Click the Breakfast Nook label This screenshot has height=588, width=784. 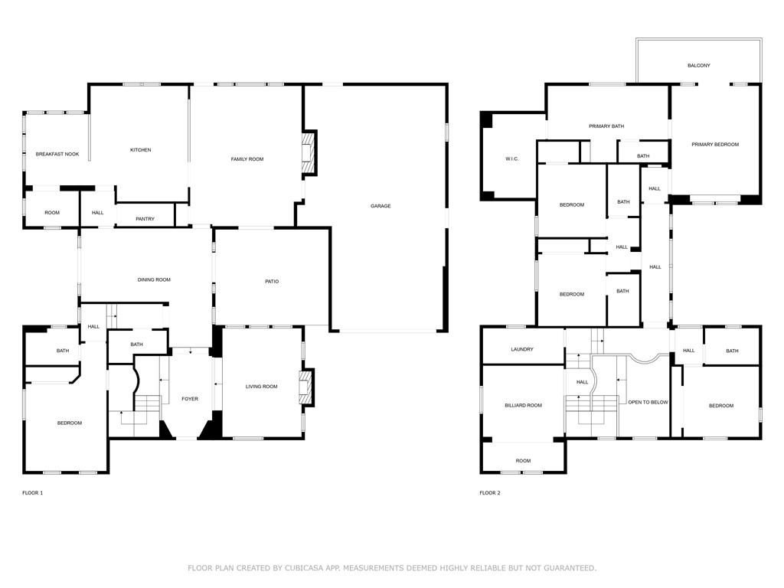point(57,154)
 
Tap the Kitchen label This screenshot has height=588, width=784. point(141,150)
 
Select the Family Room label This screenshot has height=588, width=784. point(247,159)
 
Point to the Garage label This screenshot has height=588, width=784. point(381,206)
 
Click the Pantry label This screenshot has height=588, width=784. point(145,219)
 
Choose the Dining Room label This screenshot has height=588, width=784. point(154,280)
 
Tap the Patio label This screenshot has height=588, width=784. point(272,282)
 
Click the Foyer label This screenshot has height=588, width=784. point(190,399)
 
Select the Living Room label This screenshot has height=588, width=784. point(262,387)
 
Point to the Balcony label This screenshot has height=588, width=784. point(698,66)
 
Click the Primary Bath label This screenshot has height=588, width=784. point(606,126)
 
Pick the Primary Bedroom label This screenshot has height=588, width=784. point(715,145)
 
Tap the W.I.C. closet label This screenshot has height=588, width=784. point(512,159)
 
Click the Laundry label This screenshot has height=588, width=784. point(522,349)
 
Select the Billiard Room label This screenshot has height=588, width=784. point(523,406)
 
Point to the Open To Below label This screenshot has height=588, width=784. point(648,403)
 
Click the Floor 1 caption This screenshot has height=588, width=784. point(32,493)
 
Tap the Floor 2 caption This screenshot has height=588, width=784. point(489,493)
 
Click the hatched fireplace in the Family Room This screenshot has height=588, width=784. point(309,153)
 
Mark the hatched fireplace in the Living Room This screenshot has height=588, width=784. point(306,387)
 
